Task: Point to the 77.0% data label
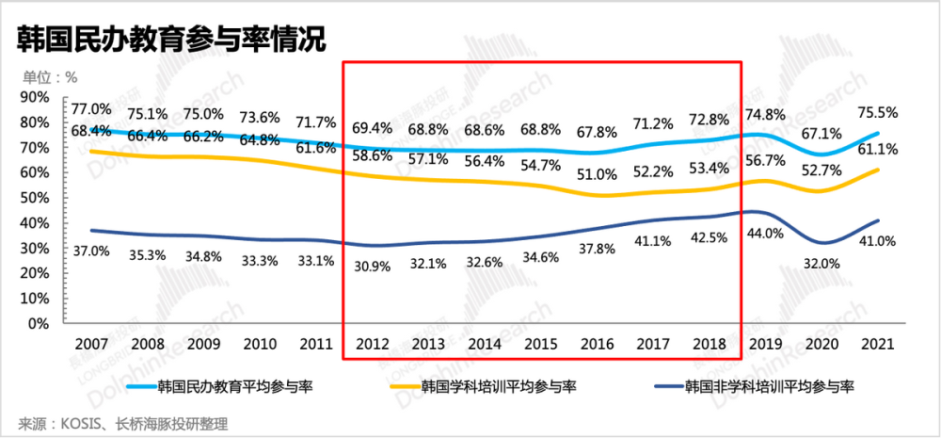point(91,109)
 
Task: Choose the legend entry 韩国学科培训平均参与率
point(499,386)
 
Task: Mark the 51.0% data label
point(598,174)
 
